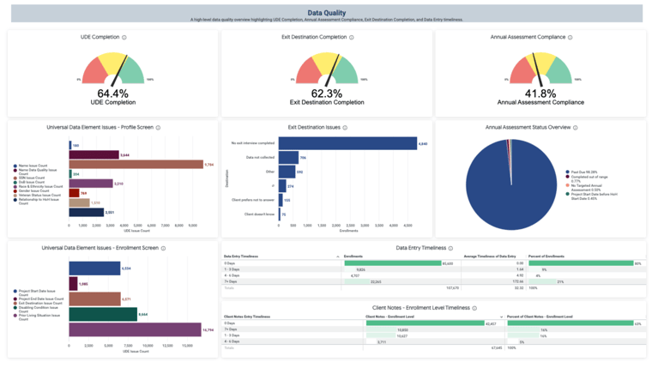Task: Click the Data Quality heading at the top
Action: [326, 13]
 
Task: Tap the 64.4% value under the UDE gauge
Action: [112, 93]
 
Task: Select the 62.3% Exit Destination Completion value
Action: [326, 93]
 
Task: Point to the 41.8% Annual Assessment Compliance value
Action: [540, 93]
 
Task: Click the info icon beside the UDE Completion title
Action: [124, 38]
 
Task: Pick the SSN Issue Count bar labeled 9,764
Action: [136, 164]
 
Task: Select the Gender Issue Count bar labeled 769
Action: [74, 193]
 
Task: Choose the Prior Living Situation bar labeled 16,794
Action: [135, 330]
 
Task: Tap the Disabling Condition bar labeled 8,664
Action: [103, 315]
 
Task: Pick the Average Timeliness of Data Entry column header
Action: [490, 256]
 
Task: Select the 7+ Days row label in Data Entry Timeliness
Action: [232, 281]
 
